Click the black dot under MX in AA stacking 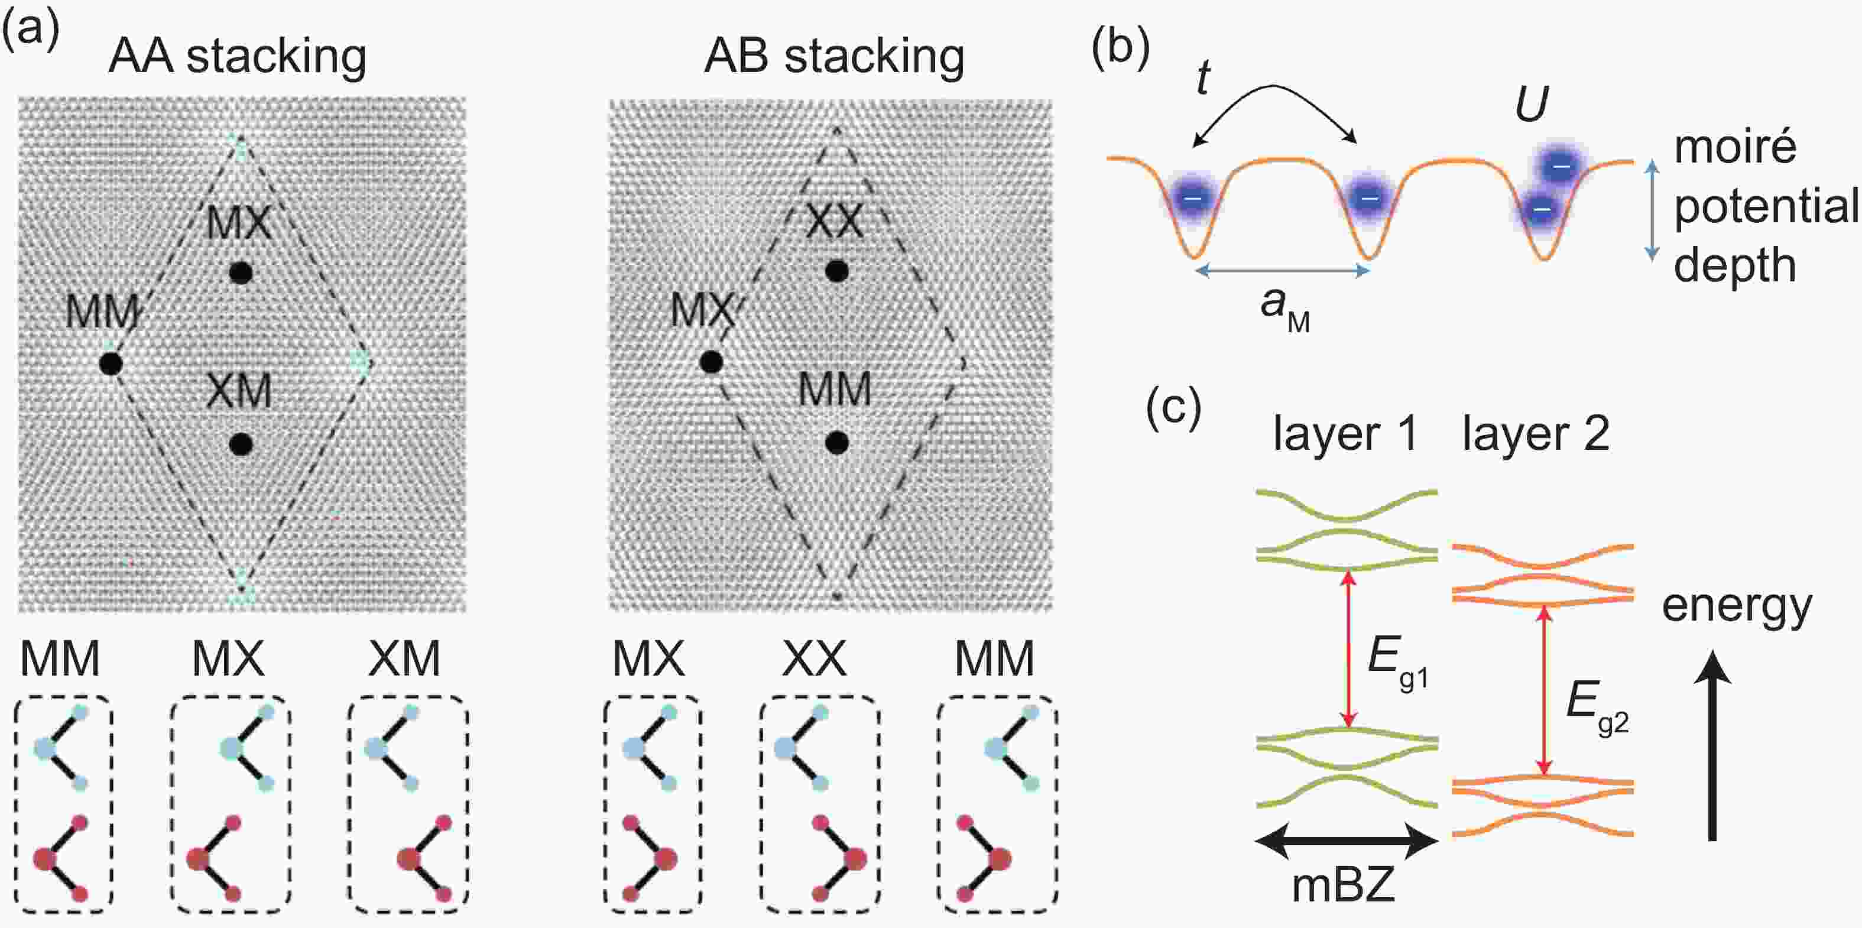(x=241, y=272)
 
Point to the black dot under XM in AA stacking (x=241, y=444)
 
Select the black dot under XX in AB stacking (x=837, y=271)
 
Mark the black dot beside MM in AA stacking (x=111, y=363)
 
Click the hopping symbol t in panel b (x=1203, y=78)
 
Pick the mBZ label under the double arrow (x=1343, y=885)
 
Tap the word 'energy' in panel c (x=1737, y=606)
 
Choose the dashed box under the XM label (x=408, y=803)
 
